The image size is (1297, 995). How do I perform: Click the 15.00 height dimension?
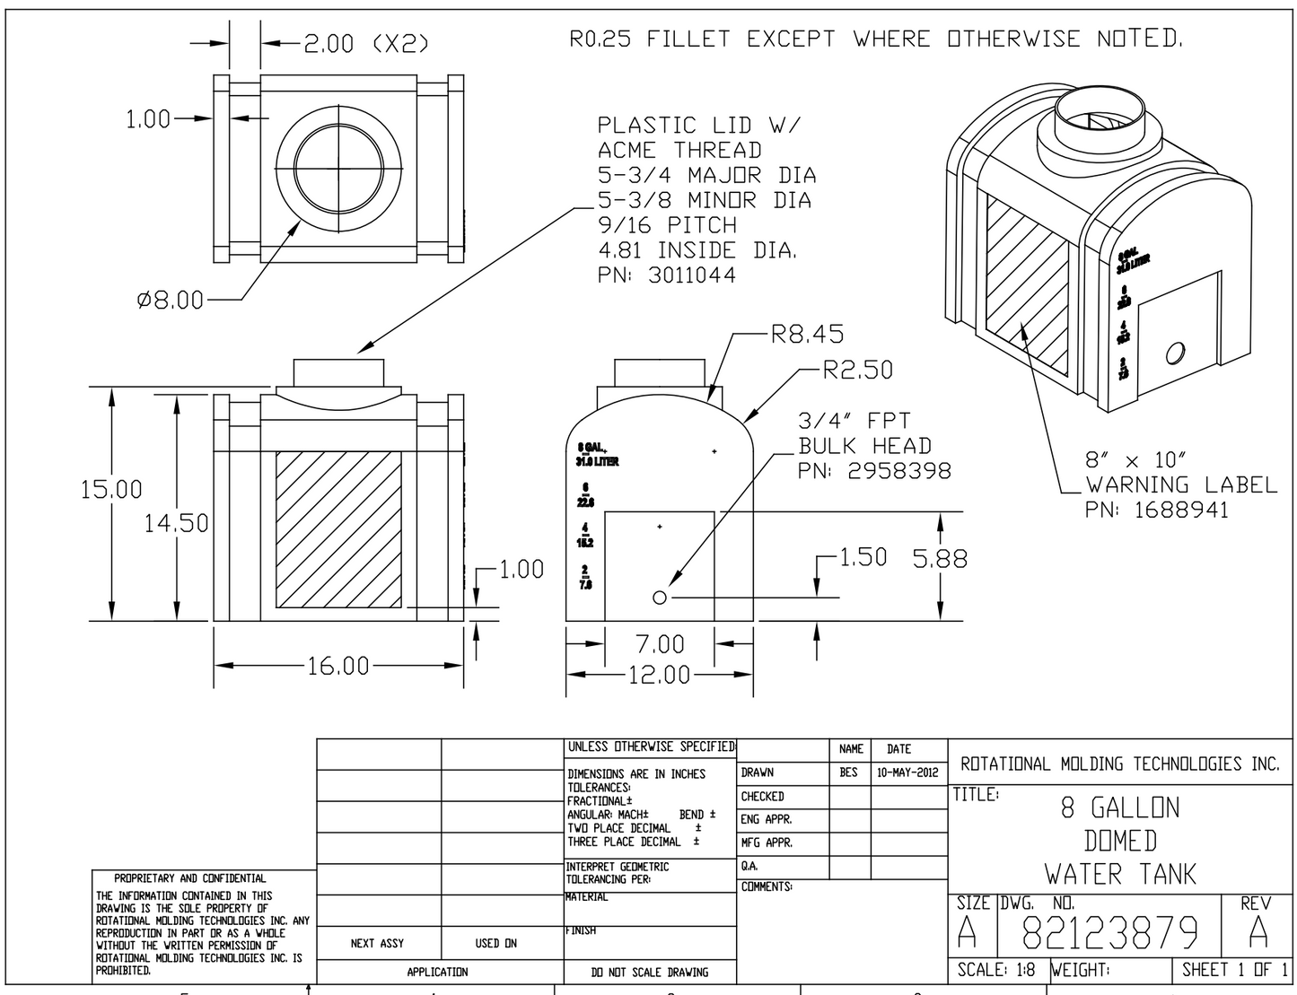pos(111,489)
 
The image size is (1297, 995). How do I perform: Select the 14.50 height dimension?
pos(176,522)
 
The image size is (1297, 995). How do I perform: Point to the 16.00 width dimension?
pos(338,666)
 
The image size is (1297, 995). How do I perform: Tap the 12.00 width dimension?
pos(659,674)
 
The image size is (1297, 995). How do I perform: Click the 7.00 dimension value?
pos(659,643)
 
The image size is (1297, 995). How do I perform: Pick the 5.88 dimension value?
pos(940,559)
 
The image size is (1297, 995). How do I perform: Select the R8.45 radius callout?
pos(807,335)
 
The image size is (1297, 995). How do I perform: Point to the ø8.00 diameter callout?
pos(170,300)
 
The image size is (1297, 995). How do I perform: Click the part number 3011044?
pos(666,275)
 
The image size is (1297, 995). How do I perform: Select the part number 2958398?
pos(874,470)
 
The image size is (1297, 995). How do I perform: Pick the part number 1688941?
pos(1156,510)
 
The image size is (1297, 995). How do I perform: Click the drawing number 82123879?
pos(1109,935)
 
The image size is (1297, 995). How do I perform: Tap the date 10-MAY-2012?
pos(908,772)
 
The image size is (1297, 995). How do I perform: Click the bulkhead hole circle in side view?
pos(660,597)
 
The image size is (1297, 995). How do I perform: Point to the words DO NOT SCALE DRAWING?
pos(649,972)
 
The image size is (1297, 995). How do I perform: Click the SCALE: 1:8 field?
pos(996,970)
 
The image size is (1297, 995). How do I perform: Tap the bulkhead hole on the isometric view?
pos(1174,353)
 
